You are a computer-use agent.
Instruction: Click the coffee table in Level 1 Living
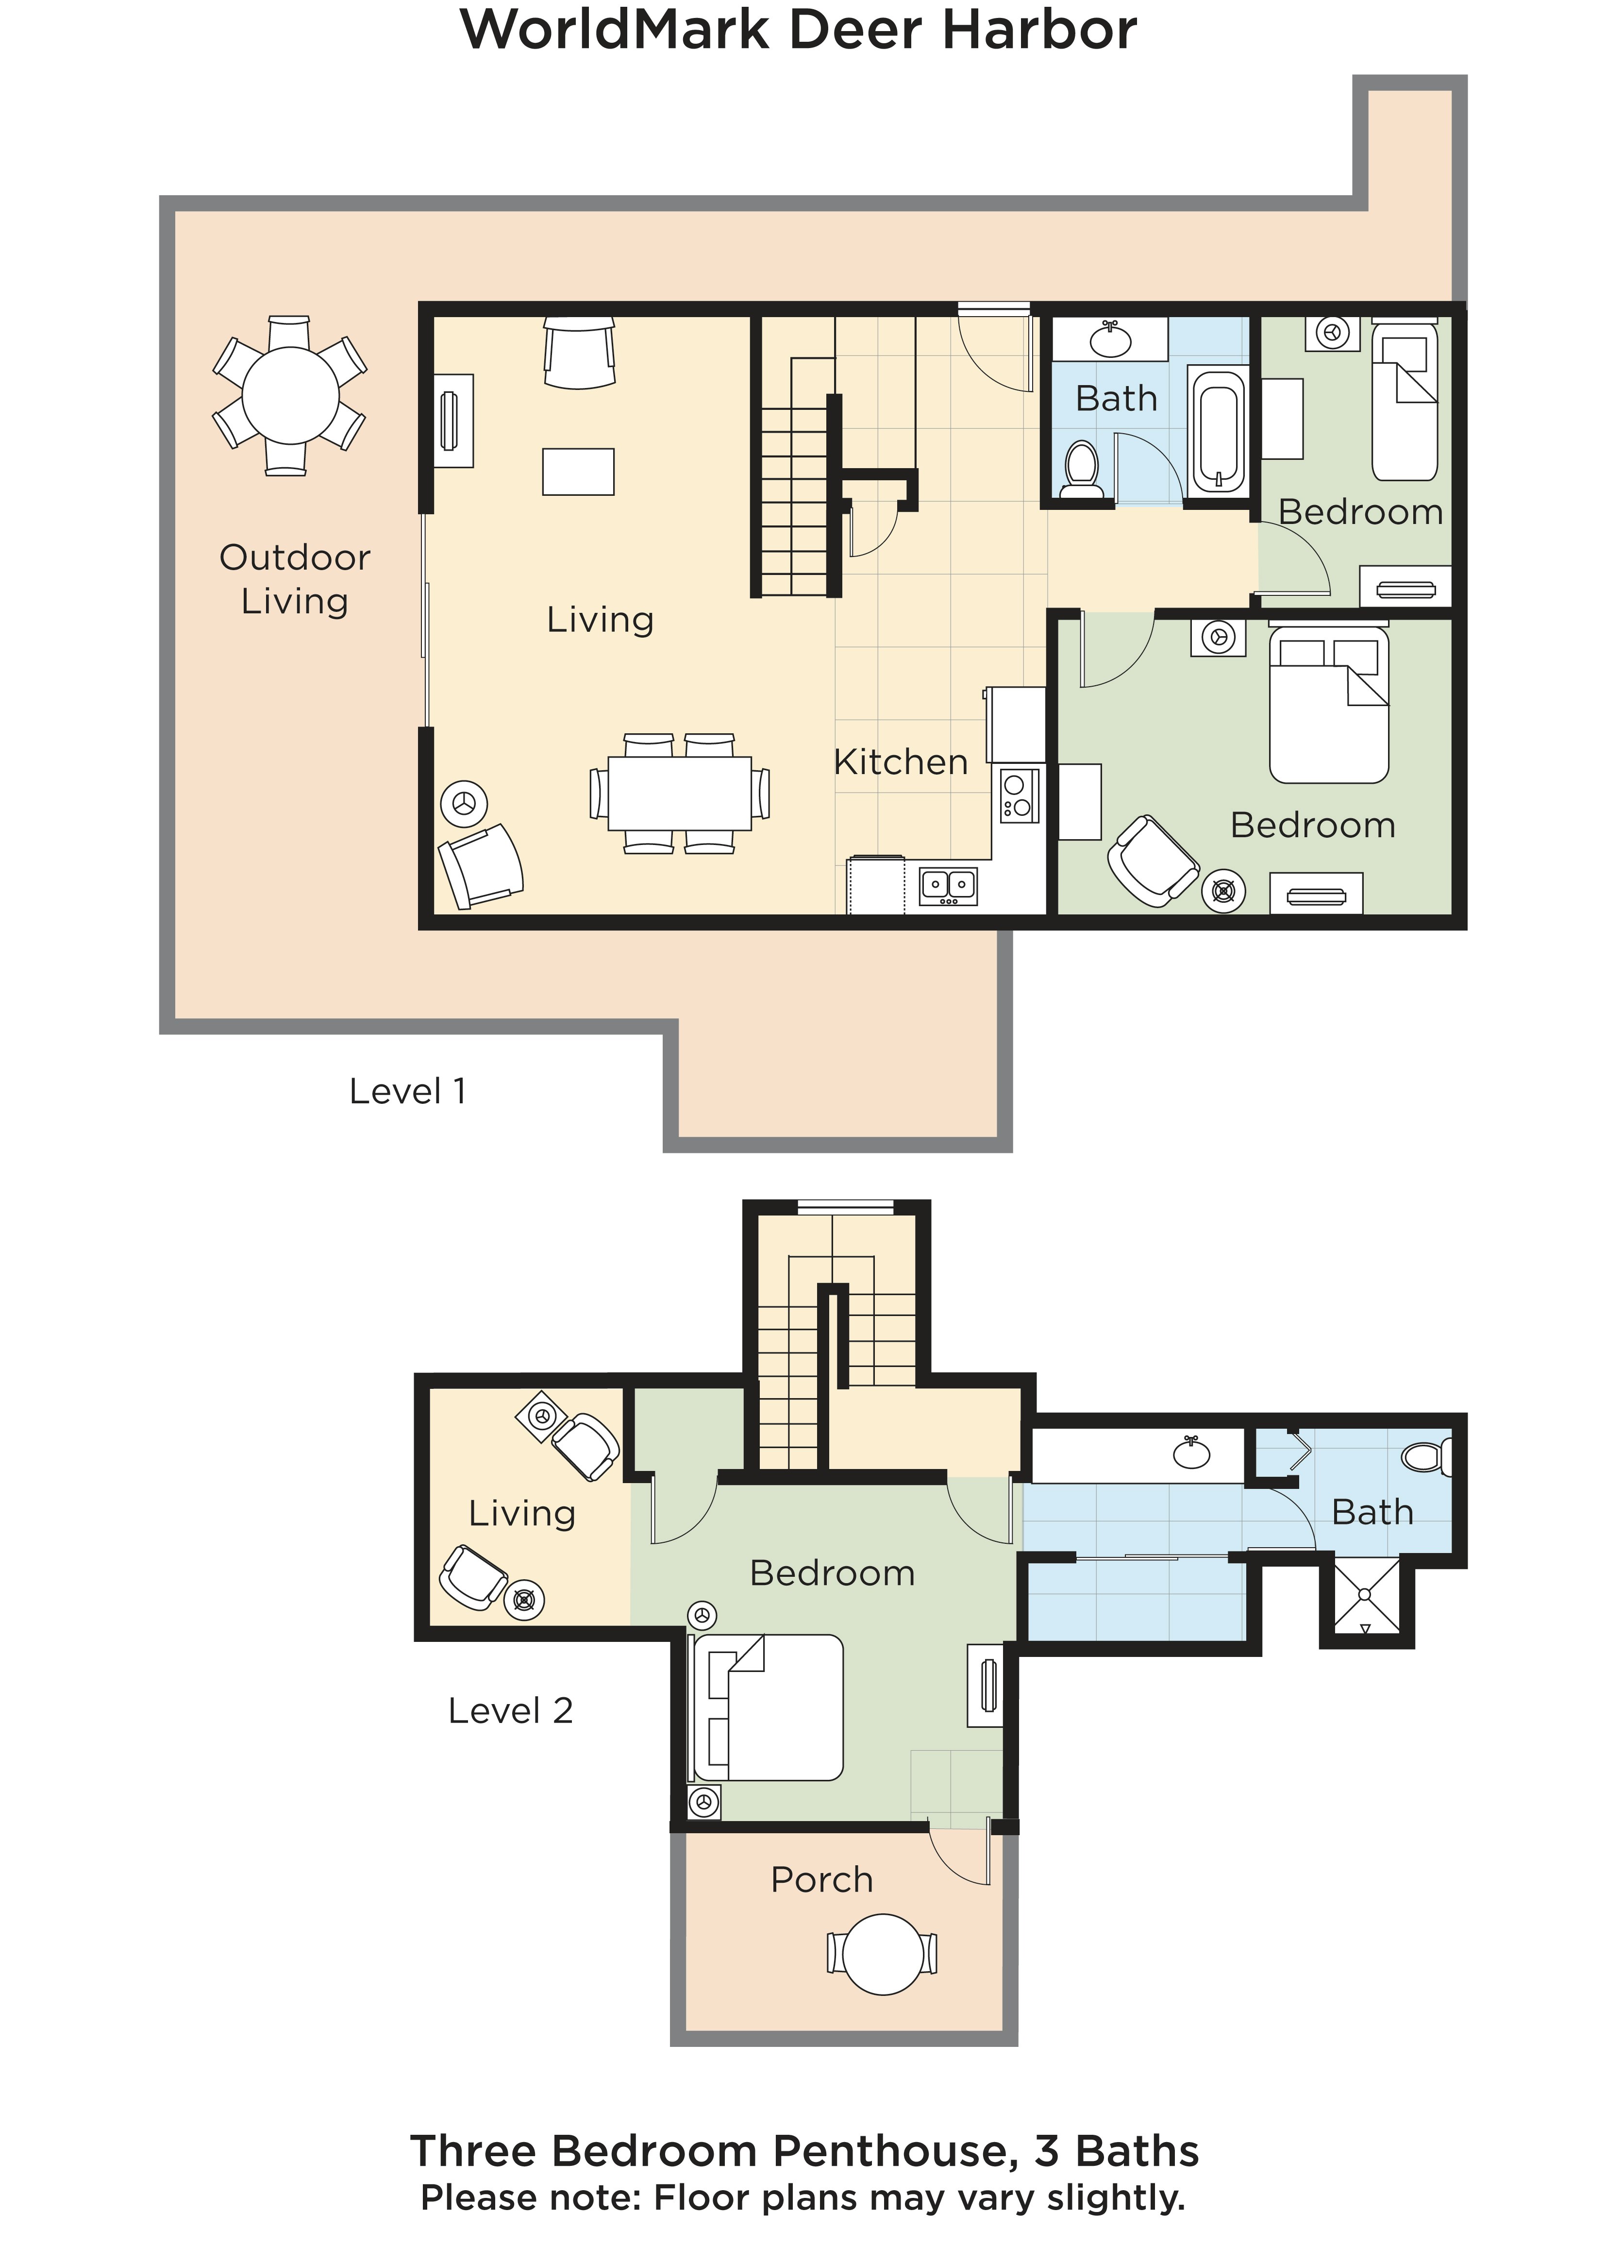click(579, 472)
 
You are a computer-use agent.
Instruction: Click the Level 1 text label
click(407, 1091)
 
